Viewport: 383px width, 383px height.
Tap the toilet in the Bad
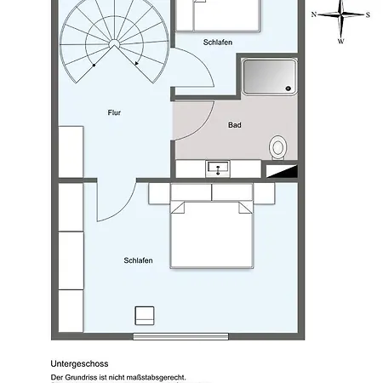tap(278, 148)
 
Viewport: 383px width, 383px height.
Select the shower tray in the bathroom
tap(270, 77)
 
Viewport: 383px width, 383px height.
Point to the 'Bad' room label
tap(235, 125)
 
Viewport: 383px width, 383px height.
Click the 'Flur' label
tap(115, 112)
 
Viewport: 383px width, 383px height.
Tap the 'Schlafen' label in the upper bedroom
tap(218, 42)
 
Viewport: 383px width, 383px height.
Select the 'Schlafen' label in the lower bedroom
tap(138, 260)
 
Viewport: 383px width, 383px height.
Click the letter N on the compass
tap(314, 14)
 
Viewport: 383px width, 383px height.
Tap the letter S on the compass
tap(367, 14)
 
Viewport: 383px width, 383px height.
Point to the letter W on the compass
tap(340, 40)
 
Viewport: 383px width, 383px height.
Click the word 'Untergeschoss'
tap(79, 363)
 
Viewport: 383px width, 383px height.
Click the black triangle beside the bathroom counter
tap(285, 172)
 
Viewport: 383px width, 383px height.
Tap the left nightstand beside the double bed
tap(160, 193)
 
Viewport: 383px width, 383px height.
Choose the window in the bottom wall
tap(180, 336)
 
